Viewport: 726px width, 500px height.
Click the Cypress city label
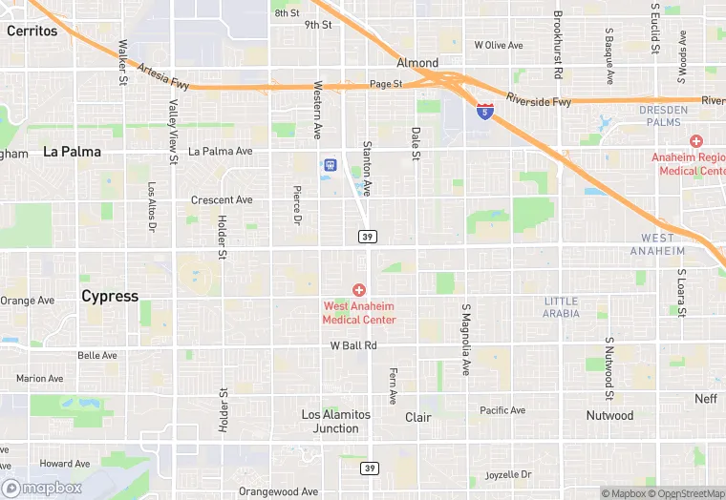[x=110, y=296]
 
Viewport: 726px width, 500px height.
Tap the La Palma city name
[x=72, y=152]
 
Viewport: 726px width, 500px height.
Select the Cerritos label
[x=32, y=31]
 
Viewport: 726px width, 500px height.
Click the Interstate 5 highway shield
[x=486, y=111]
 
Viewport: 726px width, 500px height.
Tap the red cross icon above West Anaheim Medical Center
[x=359, y=289]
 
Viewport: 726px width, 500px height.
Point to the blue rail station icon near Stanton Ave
[x=330, y=166]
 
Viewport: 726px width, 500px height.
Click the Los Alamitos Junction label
[x=336, y=422]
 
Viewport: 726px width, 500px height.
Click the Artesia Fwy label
[x=163, y=72]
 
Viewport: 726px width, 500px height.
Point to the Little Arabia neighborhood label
[x=561, y=307]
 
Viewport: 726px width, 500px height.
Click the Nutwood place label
[x=609, y=416]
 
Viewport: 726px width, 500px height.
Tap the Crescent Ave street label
[x=222, y=200]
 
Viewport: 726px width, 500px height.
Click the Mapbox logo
[x=42, y=488]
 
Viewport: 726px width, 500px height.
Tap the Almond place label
[x=417, y=63]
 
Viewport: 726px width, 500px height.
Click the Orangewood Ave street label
[x=278, y=492]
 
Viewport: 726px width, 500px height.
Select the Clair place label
[x=418, y=418]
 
